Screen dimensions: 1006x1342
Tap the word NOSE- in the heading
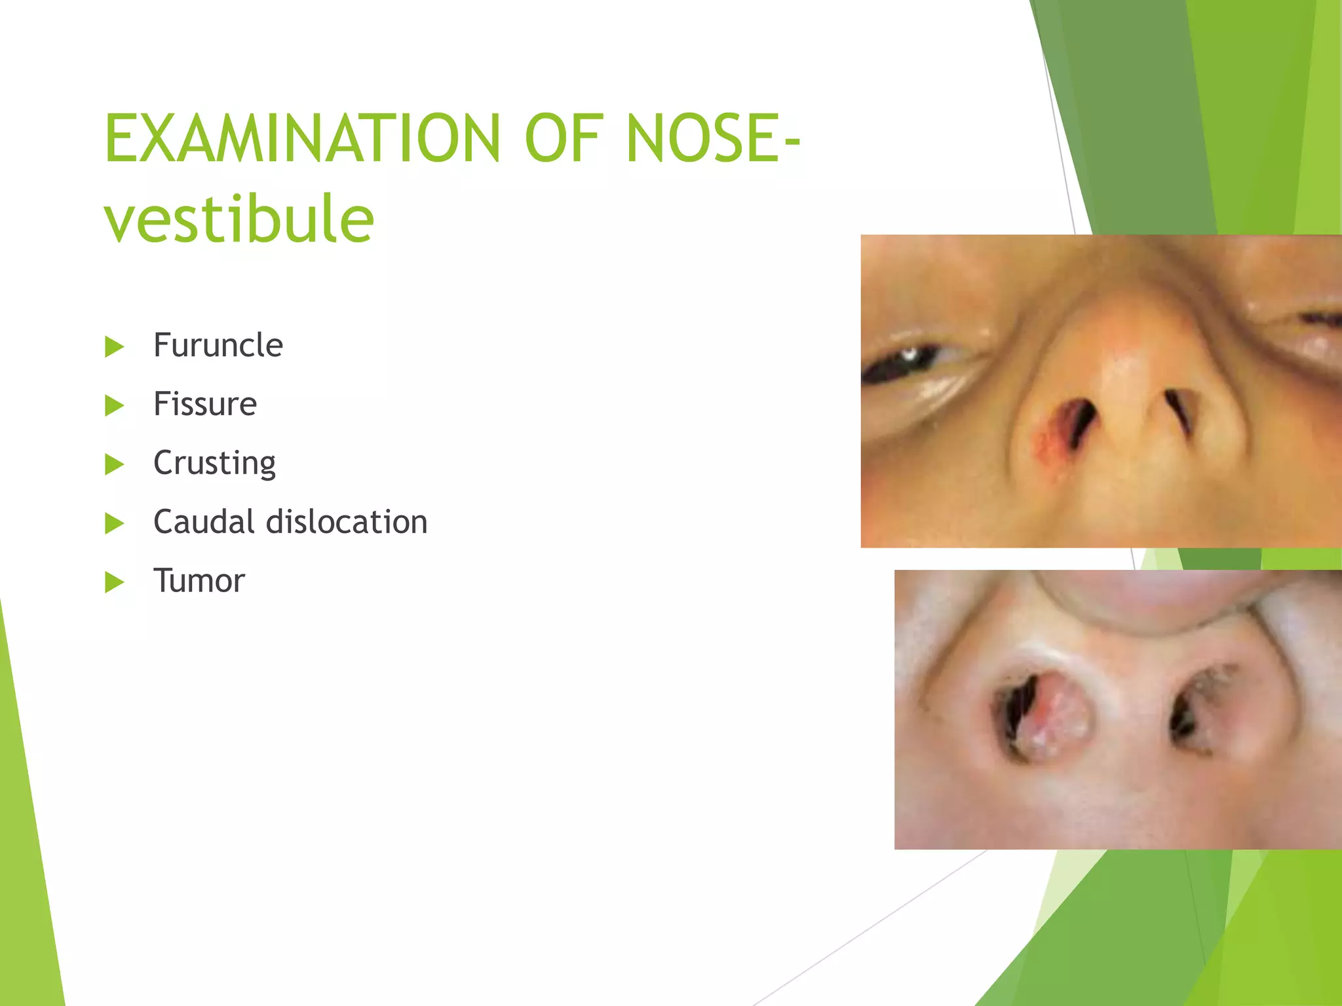(713, 138)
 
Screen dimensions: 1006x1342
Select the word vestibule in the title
(239, 219)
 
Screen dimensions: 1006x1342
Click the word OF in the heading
(563, 138)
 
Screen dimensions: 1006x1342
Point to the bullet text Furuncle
(218, 345)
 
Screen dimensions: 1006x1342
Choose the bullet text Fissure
(204, 404)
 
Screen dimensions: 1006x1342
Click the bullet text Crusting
(214, 463)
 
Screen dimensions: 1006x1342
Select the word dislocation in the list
(347, 522)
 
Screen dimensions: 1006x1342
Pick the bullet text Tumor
(199, 581)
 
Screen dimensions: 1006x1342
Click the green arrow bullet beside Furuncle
(114, 346)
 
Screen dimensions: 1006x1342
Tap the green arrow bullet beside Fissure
(114, 405)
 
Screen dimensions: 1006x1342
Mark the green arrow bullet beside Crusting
(114, 464)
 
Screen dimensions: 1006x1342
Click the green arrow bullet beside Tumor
(114, 582)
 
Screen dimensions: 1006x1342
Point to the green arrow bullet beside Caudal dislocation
(114, 523)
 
